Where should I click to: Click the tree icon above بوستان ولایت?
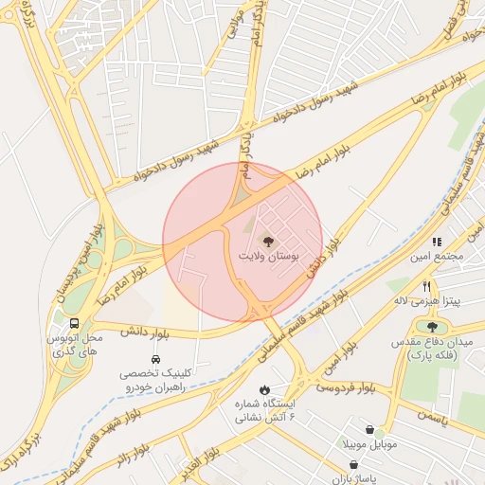(266, 241)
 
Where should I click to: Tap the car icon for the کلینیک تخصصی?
(155, 359)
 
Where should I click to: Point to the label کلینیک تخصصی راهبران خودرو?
(154, 381)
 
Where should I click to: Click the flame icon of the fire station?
(264, 390)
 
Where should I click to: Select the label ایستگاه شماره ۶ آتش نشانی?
(265, 411)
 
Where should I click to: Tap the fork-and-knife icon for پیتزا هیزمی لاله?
(427, 286)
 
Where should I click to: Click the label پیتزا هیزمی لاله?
(428, 302)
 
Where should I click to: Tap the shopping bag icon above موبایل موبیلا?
(380, 429)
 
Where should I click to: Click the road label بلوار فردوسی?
(345, 388)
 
